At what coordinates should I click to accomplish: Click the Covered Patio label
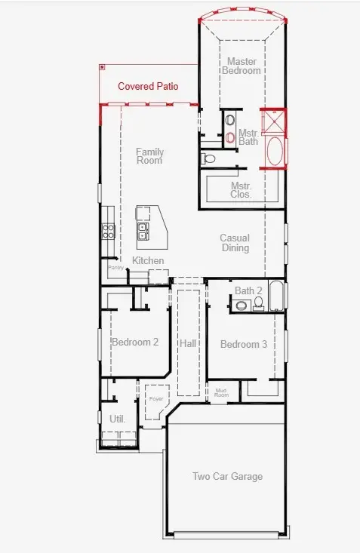(x=148, y=86)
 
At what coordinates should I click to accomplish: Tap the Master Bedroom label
(x=241, y=66)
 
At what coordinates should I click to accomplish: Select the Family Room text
(x=149, y=156)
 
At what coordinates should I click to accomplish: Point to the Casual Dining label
(x=235, y=243)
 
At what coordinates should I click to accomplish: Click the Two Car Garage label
(x=227, y=476)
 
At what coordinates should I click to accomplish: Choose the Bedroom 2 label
(x=135, y=342)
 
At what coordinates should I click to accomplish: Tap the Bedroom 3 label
(x=243, y=344)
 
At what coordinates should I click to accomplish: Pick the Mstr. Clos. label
(x=242, y=189)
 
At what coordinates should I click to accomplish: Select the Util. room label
(x=117, y=418)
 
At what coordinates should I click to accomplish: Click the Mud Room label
(x=221, y=392)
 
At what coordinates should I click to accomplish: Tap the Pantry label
(x=115, y=267)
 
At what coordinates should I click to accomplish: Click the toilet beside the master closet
(x=211, y=158)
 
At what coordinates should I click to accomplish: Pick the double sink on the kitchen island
(x=143, y=228)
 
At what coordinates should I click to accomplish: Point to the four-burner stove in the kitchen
(x=108, y=230)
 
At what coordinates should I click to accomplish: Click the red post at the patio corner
(x=101, y=67)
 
